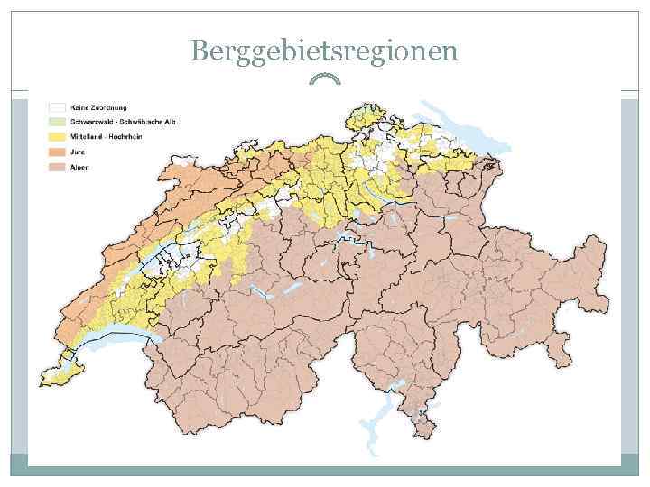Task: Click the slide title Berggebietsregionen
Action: coord(324,51)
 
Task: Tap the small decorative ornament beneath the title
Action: coord(324,80)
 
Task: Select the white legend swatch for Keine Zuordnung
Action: coord(56,106)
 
